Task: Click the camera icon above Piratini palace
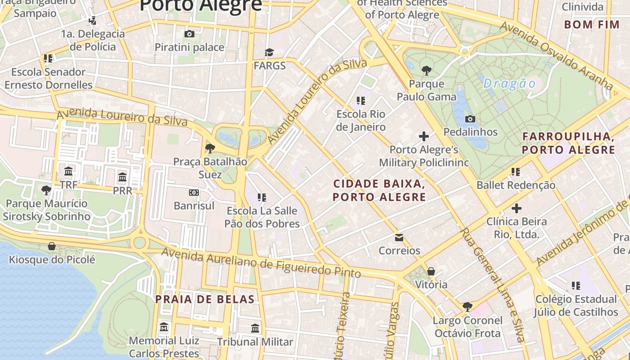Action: point(189,34)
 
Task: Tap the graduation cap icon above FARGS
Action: point(269,53)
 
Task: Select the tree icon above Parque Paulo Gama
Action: point(427,70)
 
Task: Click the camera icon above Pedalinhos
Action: point(470,119)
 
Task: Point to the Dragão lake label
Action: point(510,84)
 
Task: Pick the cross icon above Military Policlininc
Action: point(423,136)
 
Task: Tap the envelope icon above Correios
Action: point(399,237)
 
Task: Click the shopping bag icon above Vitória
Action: point(431,271)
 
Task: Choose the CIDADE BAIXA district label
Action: point(379,190)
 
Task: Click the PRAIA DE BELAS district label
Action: point(205,299)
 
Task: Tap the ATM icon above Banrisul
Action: point(194,193)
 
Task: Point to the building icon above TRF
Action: point(68,171)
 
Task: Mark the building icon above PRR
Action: point(122,177)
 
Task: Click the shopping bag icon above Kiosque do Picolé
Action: point(52,246)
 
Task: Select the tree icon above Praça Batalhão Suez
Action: point(210,148)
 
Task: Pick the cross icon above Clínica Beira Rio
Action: point(517,208)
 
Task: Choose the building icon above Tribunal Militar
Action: point(255,328)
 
